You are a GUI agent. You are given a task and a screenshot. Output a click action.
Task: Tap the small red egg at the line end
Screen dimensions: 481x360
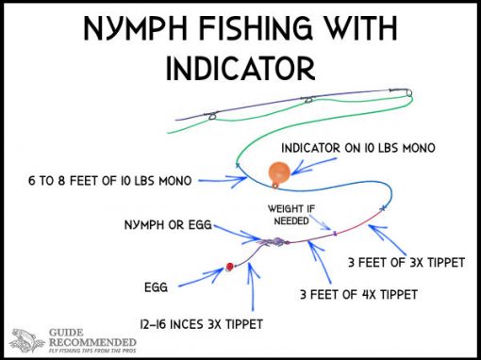coord(227,268)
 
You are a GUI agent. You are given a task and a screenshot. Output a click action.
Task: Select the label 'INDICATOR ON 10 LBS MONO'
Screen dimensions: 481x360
coord(357,150)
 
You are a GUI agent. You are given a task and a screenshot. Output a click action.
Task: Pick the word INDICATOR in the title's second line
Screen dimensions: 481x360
coord(240,69)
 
